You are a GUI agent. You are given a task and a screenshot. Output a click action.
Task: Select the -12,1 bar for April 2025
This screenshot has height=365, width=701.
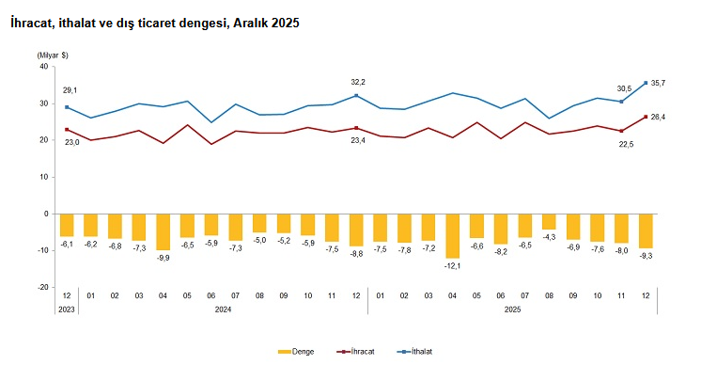pos(453,235)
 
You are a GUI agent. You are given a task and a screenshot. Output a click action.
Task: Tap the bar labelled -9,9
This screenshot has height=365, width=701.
pos(164,231)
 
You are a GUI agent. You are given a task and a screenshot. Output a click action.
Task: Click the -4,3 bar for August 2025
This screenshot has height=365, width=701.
pos(550,222)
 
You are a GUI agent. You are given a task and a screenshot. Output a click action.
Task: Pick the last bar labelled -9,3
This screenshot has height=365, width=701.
pos(646,230)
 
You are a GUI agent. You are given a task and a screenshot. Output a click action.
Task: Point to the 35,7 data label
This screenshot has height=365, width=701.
pos(658,84)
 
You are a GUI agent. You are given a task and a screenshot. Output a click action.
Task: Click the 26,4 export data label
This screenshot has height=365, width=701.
pos(658,117)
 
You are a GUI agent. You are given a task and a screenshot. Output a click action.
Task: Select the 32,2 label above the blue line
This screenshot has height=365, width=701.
pos(357,82)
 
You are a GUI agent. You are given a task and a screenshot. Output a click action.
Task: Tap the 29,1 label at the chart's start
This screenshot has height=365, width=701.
pos(70,90)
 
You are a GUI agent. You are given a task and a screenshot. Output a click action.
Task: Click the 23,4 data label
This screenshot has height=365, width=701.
pos(357,140)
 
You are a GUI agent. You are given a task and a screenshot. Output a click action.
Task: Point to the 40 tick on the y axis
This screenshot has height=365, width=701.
pos(43,67)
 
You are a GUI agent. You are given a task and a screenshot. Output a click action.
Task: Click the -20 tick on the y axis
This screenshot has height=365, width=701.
pos(42,287)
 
